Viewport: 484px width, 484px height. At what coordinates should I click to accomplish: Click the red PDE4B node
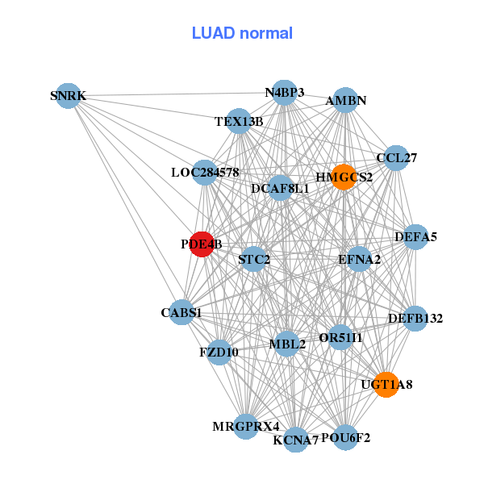202,244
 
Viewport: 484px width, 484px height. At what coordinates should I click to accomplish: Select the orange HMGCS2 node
344,177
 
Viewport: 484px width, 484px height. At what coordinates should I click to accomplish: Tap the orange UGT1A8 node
386,385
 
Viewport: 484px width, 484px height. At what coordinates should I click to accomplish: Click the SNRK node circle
68,96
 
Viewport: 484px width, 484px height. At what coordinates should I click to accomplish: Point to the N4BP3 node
284,92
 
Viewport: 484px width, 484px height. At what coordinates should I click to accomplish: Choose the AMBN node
345,101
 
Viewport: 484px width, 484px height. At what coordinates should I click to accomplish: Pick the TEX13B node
239,122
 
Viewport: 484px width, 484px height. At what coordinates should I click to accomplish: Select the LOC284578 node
205,173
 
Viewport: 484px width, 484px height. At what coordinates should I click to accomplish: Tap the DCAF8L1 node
280,188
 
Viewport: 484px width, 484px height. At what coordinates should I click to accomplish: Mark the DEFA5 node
415,237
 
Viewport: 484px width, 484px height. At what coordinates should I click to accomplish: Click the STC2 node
254,259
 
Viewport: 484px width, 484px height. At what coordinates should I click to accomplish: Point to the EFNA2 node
360,259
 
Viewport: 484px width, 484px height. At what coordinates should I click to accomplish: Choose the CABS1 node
181,312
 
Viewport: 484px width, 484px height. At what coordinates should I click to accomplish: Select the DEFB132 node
415,319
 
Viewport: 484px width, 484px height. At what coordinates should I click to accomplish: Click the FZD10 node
219,353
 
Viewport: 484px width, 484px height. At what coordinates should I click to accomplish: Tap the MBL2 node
287,344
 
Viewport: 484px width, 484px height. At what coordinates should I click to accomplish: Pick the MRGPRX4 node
246,425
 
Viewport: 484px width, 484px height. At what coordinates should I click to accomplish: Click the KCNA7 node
296,440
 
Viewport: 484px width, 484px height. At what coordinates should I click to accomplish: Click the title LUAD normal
242,33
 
